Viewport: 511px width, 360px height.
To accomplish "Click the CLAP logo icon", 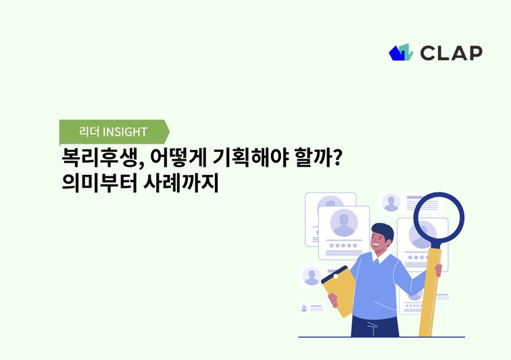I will click(400, 53).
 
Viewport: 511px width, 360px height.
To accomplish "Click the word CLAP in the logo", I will click(451, 53).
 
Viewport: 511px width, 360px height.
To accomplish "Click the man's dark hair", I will click(383, 230).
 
